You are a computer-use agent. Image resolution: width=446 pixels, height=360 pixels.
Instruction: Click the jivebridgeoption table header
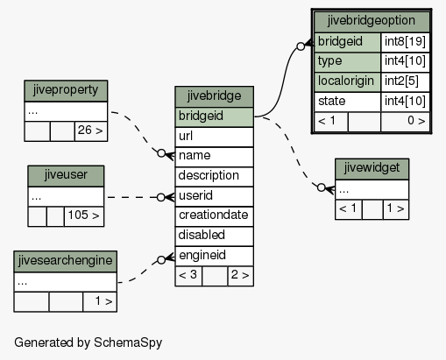point(372,22)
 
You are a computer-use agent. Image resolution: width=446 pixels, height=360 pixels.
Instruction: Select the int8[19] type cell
point(405,42)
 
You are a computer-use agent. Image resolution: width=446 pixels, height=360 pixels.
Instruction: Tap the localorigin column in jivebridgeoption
point(347,82)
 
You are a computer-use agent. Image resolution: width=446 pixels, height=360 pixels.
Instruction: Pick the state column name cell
point(347,102)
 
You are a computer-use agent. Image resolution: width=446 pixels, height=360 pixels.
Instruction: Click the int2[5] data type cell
point(405,82)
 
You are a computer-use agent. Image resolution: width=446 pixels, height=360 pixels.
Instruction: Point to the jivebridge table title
point(214,96)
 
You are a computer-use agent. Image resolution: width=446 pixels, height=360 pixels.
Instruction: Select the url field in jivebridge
point(214,137)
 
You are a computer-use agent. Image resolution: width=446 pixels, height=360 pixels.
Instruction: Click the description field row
point(214,177)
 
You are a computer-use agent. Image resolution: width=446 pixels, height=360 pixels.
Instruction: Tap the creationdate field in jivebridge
point(214,216)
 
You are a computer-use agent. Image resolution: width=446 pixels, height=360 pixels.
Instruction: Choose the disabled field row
point(214,236)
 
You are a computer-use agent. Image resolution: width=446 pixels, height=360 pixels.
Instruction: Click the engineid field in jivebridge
point(214,256)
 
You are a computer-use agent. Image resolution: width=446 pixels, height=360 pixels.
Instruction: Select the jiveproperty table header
point(66,91)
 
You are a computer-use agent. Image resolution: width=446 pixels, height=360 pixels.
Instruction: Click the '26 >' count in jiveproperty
point(91,131)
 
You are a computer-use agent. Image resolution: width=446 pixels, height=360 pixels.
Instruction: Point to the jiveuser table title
point(66,176)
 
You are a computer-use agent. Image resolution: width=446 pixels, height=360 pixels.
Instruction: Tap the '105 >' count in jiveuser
point(84,216)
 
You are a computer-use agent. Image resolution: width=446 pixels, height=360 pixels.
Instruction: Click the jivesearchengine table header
point(66,261)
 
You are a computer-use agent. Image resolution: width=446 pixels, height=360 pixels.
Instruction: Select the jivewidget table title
point(372,169)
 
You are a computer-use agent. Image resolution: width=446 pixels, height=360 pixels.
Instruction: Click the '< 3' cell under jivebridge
point(188,276)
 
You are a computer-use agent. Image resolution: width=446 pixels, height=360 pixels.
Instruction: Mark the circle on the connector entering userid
point(161,198)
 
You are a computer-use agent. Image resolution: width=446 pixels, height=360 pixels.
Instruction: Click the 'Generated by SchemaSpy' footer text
point(88,342)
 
